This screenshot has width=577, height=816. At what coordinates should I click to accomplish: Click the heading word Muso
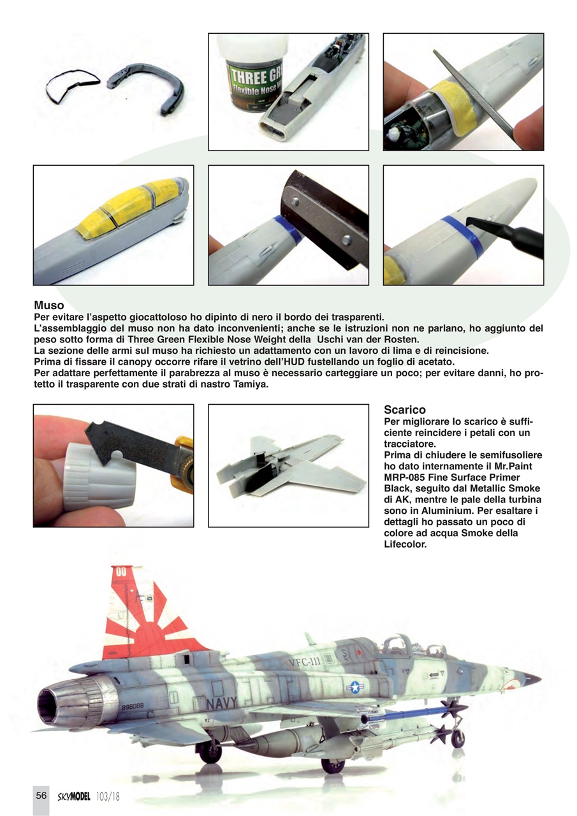[49, 306]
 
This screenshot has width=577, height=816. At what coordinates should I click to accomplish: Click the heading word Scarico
[405, 410]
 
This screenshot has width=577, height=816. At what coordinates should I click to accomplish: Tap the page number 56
[41, 796]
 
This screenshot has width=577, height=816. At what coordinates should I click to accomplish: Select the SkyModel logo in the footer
[74, 796]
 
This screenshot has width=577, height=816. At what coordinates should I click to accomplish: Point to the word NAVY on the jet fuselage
[222, 703]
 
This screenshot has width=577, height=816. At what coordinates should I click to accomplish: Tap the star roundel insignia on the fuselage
[354, 687]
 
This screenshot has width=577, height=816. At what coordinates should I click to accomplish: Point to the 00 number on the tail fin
[121, 572]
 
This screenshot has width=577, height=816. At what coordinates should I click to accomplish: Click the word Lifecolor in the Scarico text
[405, 545]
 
